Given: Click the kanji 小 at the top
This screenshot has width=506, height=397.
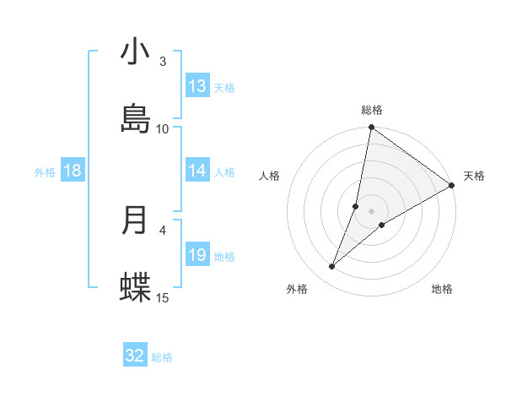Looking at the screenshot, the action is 135,52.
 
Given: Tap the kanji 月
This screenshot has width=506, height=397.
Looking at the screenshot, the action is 135,220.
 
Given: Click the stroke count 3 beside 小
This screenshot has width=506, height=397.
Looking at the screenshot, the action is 163,62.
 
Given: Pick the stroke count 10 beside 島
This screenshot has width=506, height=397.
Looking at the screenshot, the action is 163,128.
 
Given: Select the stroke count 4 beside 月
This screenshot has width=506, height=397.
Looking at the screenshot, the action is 163,229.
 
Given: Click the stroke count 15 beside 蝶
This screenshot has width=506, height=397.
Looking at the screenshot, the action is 163,296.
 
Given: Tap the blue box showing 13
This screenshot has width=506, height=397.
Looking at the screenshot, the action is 197,86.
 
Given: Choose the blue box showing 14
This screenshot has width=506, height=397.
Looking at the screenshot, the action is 197,171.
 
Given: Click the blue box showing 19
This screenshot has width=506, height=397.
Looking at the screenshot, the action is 197,254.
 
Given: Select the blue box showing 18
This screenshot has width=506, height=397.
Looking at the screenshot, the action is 73,171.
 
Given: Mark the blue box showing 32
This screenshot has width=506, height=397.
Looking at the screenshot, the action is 135,356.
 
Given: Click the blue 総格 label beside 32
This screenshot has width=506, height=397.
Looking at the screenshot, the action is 162,357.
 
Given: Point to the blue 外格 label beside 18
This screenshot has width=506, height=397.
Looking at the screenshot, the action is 45,171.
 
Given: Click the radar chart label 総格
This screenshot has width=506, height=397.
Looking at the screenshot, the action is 372,110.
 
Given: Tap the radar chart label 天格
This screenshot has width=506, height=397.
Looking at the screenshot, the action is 475,176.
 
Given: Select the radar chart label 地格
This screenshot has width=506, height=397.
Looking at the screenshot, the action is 442,289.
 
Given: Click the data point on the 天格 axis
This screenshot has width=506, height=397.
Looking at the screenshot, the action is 452,185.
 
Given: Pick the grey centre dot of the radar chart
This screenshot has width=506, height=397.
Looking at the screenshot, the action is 372,211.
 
